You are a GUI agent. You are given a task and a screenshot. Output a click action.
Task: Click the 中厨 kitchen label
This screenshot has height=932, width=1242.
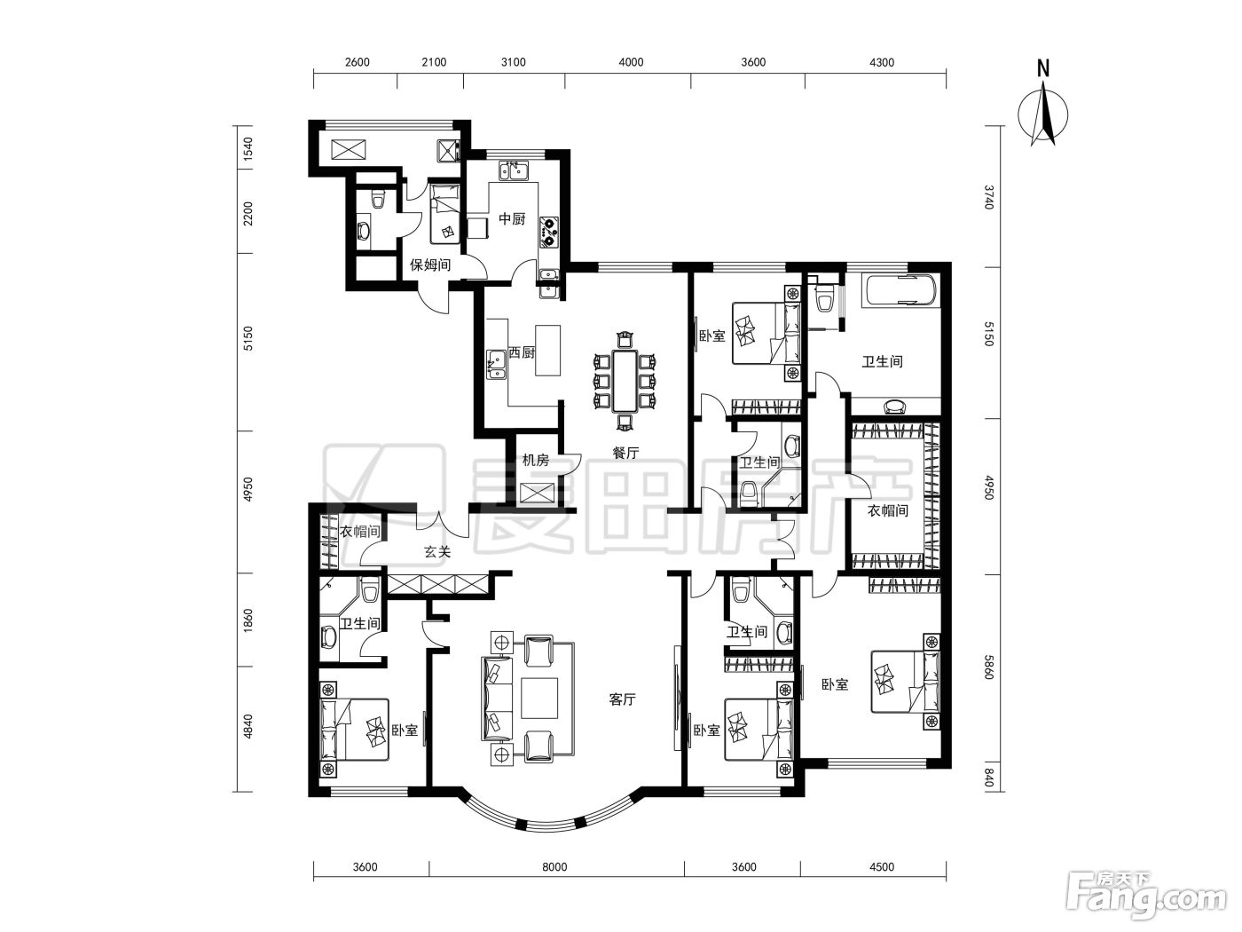coord(512,218)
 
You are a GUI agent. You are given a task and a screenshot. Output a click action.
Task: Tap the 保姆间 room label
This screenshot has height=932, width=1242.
coord(430,265)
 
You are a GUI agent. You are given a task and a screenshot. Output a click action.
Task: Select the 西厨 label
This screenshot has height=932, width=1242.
coord(521,352)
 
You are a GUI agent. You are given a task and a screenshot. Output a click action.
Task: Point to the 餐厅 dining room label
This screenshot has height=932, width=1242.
coord(625,453)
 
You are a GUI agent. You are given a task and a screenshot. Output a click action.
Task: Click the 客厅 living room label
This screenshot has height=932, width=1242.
coord(623,699)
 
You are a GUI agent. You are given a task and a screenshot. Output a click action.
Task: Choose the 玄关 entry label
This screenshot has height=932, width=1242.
coord(437,551)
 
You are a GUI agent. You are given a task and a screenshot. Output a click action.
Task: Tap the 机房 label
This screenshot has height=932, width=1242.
coord(535,460)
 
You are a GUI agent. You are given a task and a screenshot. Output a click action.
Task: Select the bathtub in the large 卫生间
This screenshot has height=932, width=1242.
coord(899,291)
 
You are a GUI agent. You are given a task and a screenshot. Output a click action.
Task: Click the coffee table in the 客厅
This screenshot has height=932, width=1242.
coord(539,698)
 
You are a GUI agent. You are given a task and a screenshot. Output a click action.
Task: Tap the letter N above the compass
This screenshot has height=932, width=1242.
coord(1042,68)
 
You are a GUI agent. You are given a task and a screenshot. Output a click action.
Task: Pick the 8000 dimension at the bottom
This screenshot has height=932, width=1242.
coord(554,867)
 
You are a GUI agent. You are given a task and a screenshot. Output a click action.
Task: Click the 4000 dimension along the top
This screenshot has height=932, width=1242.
coord(631,62)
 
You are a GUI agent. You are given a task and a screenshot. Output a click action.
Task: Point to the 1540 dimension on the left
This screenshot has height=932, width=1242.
coord(248,149)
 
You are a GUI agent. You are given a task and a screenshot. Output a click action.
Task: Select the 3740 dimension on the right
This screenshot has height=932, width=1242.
coord(988,197)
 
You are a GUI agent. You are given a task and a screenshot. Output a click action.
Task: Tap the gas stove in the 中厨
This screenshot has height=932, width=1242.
coord(548,232)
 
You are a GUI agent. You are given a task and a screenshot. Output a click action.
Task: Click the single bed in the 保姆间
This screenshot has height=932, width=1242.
coord(444,214)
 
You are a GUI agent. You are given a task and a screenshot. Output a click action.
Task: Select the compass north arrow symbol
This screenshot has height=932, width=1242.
coord(1042,114)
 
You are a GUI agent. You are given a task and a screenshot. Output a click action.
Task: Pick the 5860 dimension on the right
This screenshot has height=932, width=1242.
coord(988,667)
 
